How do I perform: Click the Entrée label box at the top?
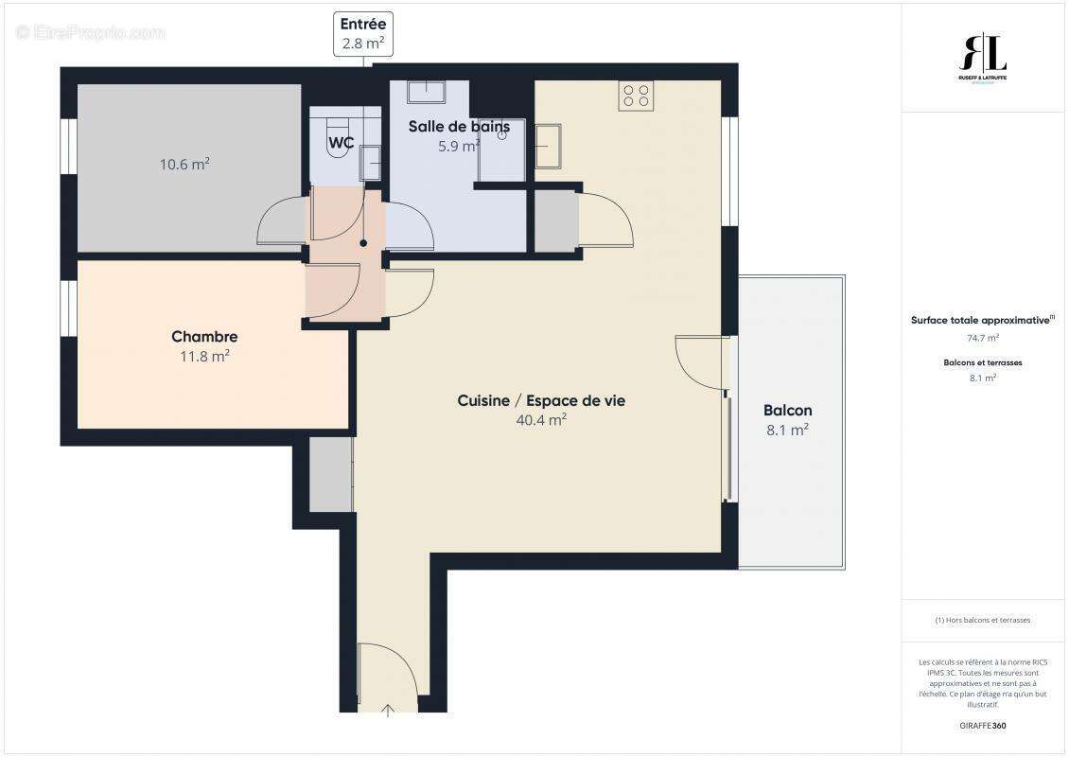pos(363,34)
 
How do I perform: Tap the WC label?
pos(341,144)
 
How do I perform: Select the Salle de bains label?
pos(459,126)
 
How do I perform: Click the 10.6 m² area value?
pos(184,165)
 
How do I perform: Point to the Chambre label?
pos(204,337)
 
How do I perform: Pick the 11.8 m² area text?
pos(204,357)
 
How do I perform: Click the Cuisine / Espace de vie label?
pos(541,400)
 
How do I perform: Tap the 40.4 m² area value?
pos(541,420)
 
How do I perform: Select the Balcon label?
pos(787,411)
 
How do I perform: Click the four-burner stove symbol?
pos(635,96)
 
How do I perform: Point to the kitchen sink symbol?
pos(548,147)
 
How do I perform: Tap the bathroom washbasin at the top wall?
pos(426,92)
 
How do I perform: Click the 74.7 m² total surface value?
pos(983,337)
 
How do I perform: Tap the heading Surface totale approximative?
pos(982,320)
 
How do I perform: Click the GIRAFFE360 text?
pos(983,726)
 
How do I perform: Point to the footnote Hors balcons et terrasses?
pos(983,620)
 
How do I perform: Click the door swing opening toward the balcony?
pos(700,361)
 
